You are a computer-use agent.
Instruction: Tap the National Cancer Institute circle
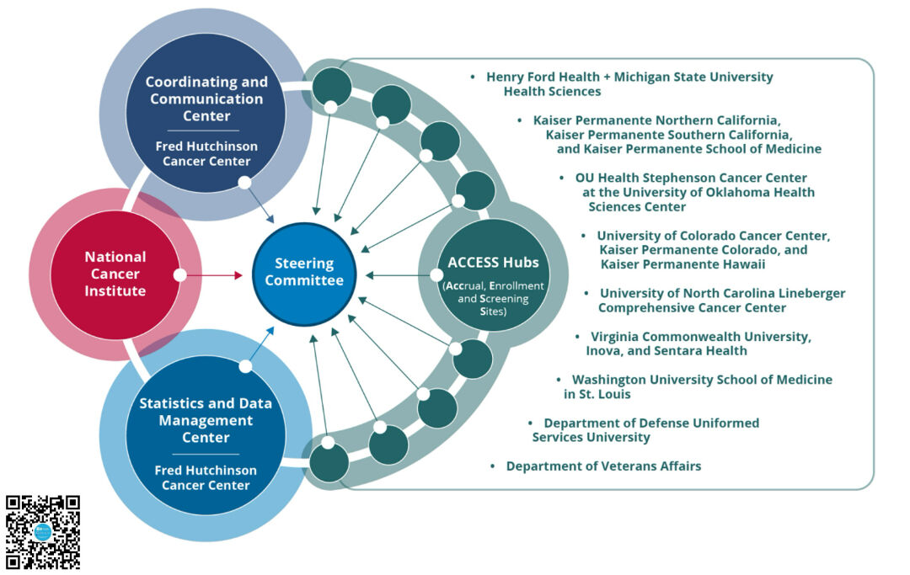point(115,274)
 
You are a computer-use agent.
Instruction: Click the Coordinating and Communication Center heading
point(206,98)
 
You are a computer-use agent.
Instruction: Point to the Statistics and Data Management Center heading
point(206,420)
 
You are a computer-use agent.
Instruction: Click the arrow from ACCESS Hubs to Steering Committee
point(396,274)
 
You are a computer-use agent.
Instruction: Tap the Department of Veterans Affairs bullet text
point(603,466)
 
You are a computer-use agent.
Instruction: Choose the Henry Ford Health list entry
point(629,83)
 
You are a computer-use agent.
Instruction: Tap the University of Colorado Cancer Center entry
point(712,249)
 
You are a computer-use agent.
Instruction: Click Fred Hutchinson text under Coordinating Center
point(206,153)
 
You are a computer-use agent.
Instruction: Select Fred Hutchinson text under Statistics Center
point(206,477)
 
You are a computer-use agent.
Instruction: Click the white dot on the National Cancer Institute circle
point(179,274)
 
